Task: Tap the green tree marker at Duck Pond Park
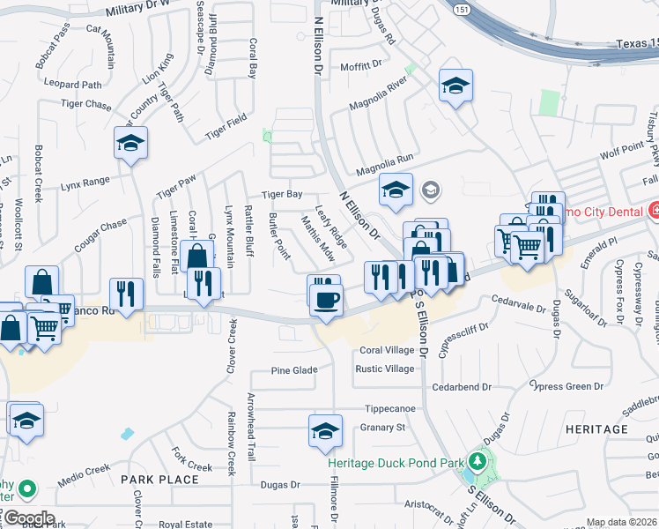pyautogui.click(x=478, y=461)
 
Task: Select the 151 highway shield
pyautogui.click(x=462, y=10)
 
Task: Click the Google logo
pyautogui.click(x=28, y=518)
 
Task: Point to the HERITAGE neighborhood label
pyautogui.click(x=596, y=429)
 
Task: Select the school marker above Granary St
pyautogui.click(x=325, y=430)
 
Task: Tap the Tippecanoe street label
pyautogui.click(x=391, y=410)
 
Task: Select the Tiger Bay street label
pyautogui.click(x=281, y=194)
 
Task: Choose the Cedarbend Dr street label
pyautogui.click(x=461, y=387)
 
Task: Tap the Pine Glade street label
pyautogui.click(x=293, y=370)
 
